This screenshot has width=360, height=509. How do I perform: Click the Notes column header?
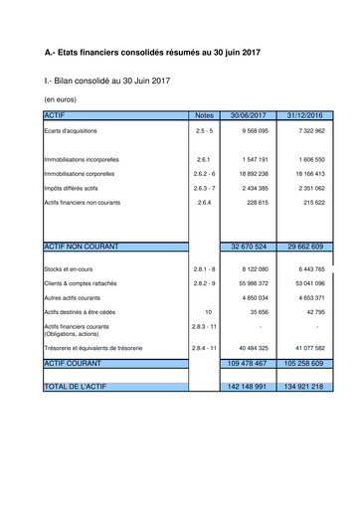[x=205, y=116]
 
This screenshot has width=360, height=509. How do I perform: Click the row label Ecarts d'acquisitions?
[x=72, y=131]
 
